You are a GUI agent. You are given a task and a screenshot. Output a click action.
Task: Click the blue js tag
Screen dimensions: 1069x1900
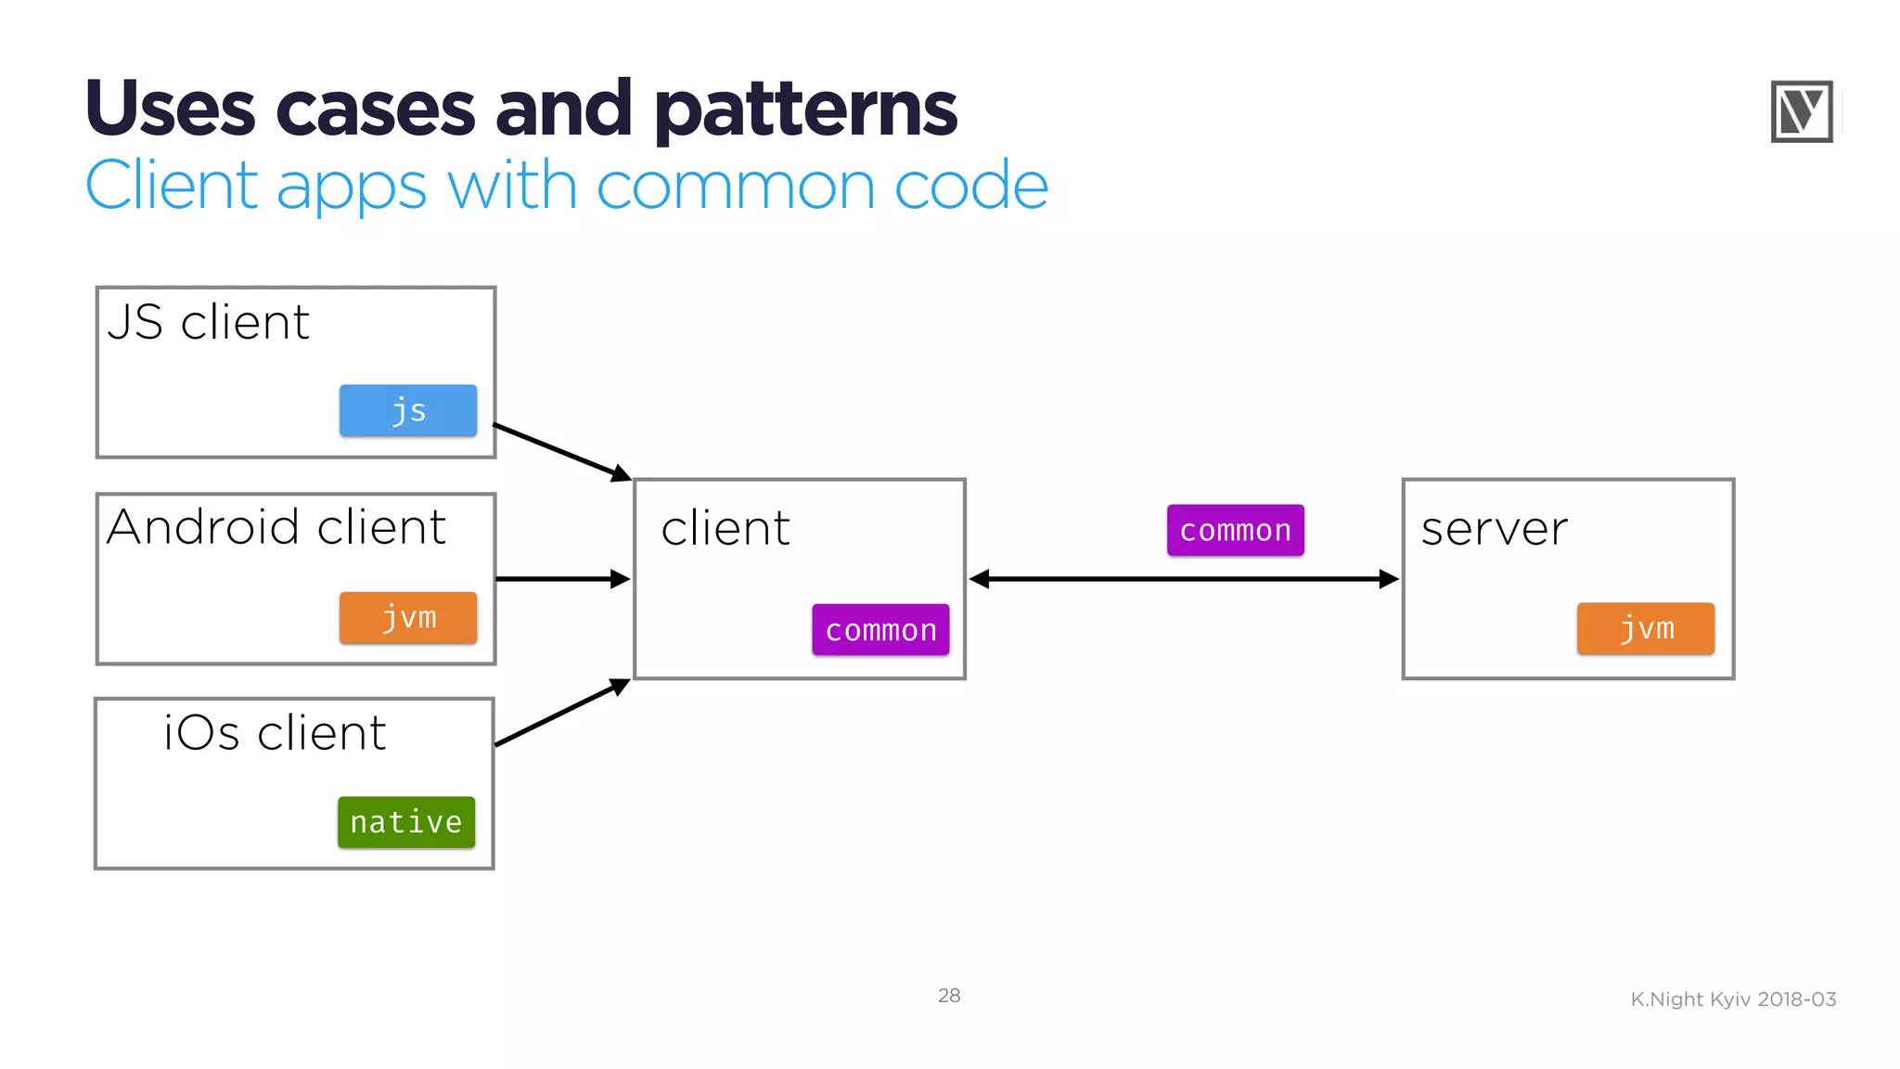pos(408,410)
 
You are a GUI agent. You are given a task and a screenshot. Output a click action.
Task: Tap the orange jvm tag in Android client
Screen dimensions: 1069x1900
pos(408,617)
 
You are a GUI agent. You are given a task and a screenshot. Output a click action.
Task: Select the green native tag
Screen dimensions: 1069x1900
pos(406,822)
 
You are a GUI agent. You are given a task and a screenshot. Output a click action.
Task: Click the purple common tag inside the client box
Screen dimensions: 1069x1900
pos(880,630)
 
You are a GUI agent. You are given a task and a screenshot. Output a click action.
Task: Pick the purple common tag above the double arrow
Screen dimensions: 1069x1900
pos(1235,530)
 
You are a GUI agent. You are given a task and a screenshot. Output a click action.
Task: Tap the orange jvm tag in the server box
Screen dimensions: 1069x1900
pos(1645,628)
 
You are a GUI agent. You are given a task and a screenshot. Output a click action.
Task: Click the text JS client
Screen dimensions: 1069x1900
pos(208,323)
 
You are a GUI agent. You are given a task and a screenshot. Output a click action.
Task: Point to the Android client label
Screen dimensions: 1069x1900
pos(276,527)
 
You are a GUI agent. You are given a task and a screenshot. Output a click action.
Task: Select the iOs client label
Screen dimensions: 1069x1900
pos(275,733)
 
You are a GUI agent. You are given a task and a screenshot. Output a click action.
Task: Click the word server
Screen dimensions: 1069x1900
pos(1494,529)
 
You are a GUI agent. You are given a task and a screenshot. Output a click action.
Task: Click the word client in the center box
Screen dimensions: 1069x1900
pos(725,529)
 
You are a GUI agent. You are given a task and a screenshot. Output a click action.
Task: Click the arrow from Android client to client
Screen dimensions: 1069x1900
pos(562,579)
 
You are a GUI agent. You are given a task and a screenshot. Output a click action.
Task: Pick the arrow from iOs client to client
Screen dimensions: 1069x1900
pos(561,713)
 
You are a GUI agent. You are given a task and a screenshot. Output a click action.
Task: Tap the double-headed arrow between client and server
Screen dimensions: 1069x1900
pos(1183,579)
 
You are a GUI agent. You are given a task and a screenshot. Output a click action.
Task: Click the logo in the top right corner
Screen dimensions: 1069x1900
pos(1801,111)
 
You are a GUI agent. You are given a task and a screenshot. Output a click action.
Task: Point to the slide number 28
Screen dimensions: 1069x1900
pos(949,996)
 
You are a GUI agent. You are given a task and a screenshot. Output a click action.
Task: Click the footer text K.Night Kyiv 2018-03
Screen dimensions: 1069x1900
pos(1733,999)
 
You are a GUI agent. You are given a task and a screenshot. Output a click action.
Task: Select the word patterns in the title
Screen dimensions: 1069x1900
pos(805,109)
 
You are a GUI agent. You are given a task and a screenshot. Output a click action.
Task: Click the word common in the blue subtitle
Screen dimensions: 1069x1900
pos(735,186)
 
